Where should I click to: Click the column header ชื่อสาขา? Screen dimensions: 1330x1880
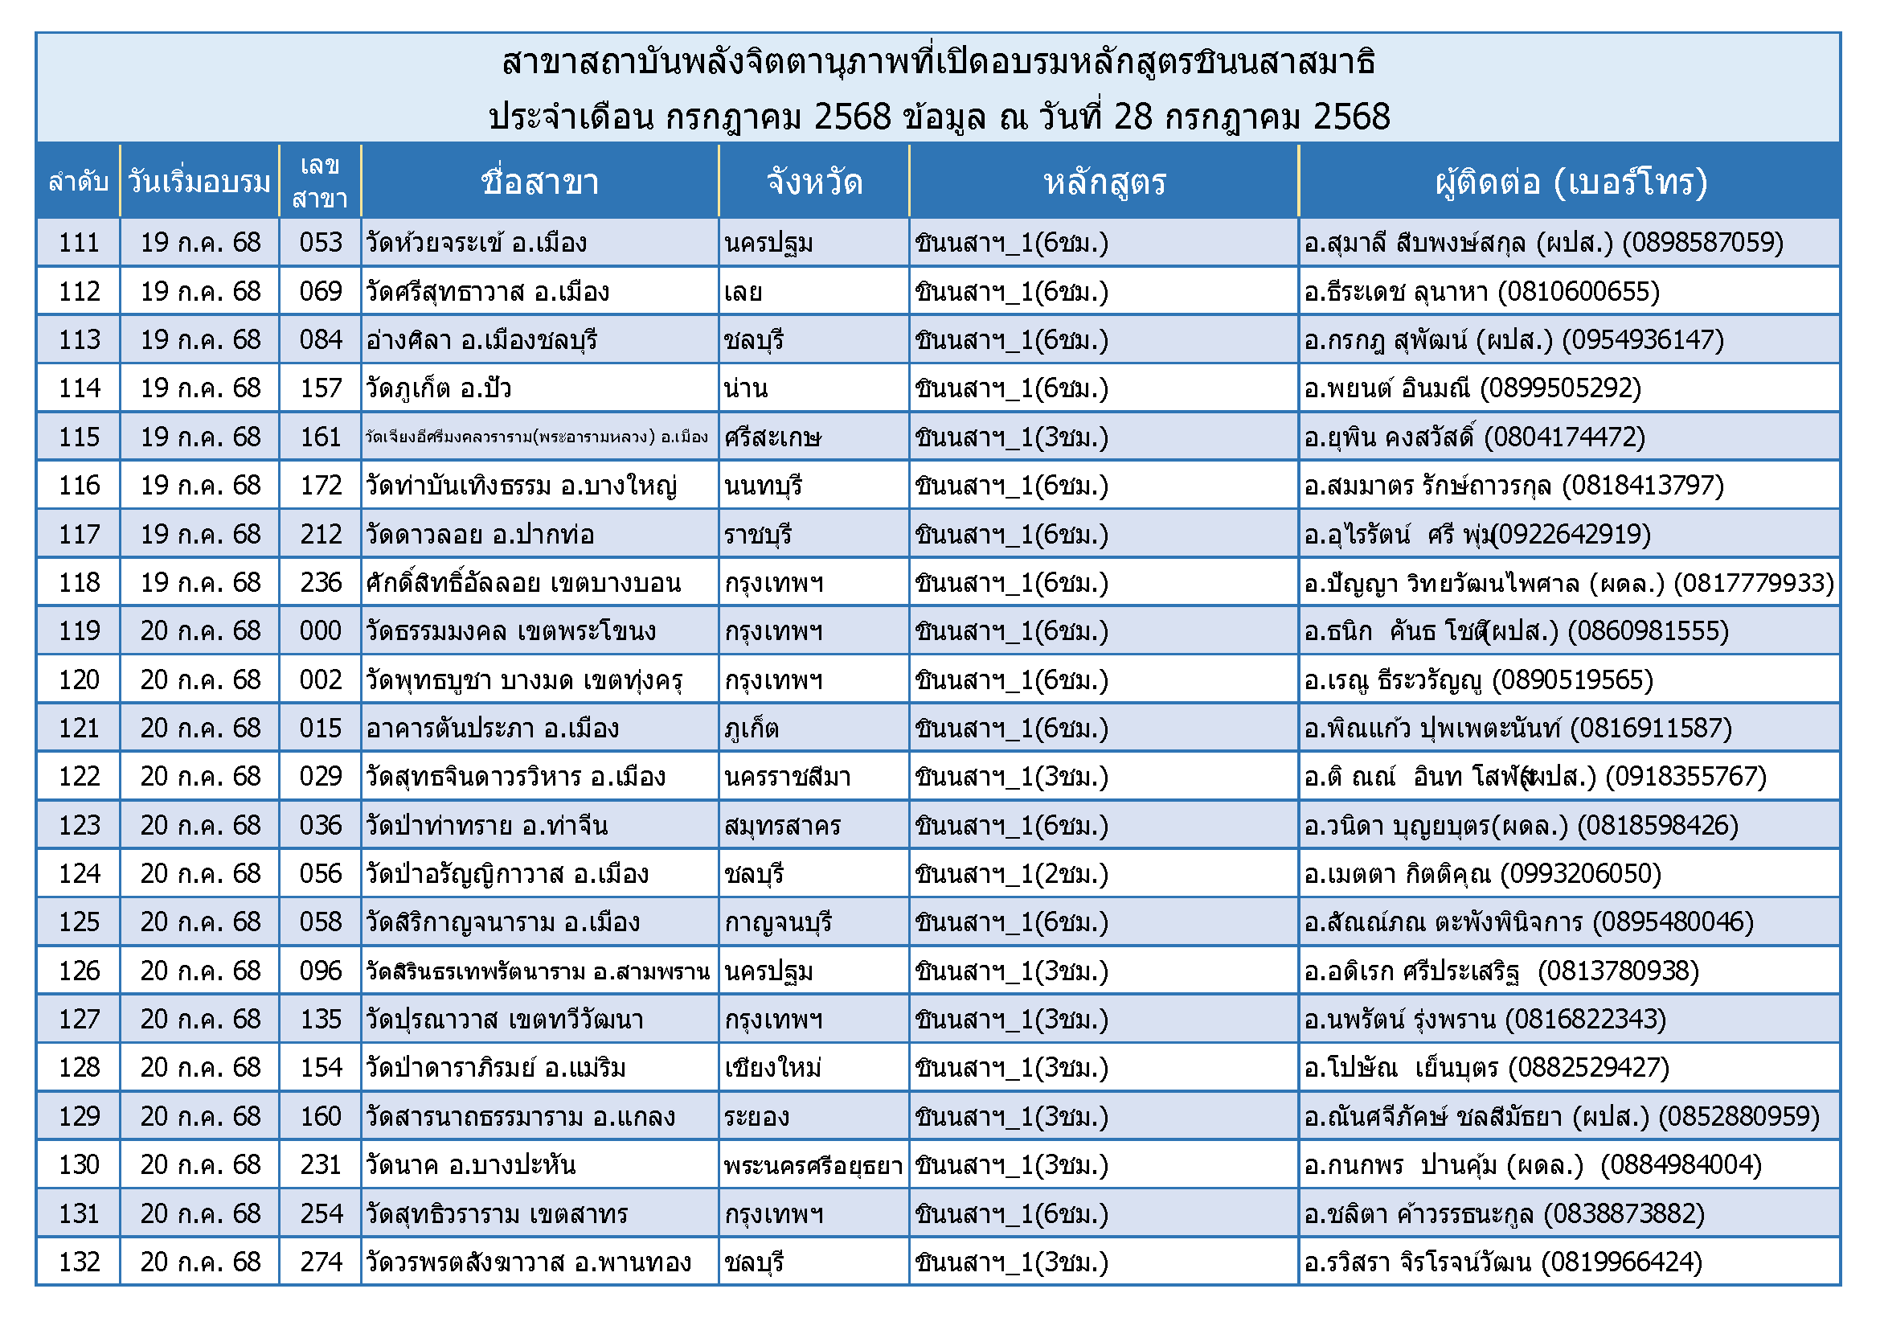tap(539, 182)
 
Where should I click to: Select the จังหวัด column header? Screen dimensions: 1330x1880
tap(814, 182)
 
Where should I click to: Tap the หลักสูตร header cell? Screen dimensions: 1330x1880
tap(1104, 182)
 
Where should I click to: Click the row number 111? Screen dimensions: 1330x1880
tap(79, 243)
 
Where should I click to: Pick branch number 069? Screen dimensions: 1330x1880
tap(320, 292)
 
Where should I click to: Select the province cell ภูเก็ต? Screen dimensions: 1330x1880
tap(752, 729)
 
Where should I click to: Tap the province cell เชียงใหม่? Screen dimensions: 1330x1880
tap(773, 1069)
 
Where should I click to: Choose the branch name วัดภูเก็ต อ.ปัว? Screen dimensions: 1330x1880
tap(439, 389)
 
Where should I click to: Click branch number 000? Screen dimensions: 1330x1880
tap(320, 631)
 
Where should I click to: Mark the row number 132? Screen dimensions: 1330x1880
tap(79, 1262)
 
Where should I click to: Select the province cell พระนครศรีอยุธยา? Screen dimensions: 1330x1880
tap(813, 1165)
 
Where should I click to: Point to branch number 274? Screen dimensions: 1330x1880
tap(320, 1262)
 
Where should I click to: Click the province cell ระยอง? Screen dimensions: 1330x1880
tap(756, 1117)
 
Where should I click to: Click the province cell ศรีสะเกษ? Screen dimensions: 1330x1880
tap(772, 437)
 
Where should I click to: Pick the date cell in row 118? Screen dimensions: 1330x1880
tap(201, 583)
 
